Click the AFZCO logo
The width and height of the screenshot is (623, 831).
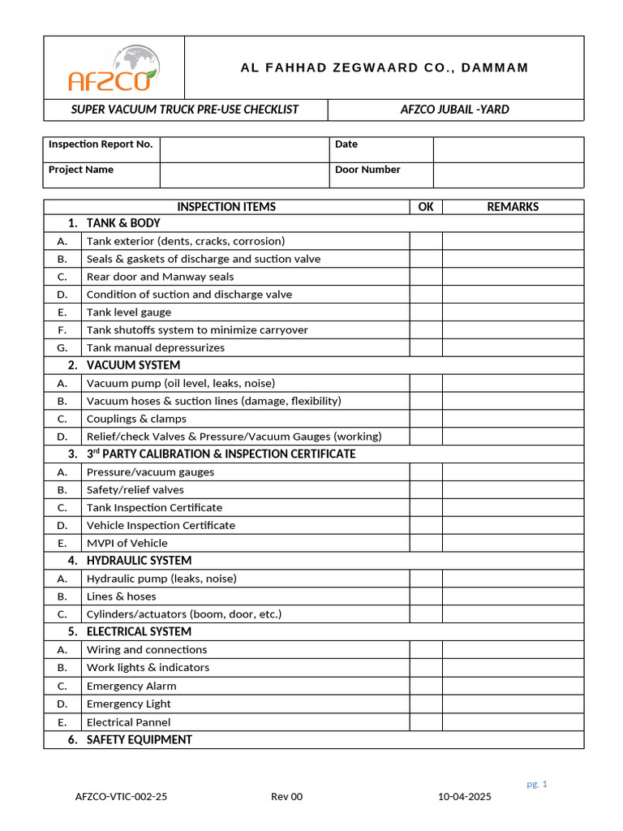point(114,68)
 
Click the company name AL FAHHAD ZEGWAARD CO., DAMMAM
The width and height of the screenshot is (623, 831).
point(385,67)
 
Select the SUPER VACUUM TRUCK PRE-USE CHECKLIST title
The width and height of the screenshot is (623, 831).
point(185,110)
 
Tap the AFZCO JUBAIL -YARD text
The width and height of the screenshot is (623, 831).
point(455,110)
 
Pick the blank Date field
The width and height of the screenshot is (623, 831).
point(508,149)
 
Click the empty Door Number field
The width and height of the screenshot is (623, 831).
point(508,174)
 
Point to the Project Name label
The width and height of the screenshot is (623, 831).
point(81,170)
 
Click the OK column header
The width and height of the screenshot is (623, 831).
point(426,207)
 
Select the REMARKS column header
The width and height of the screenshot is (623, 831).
point(513,207)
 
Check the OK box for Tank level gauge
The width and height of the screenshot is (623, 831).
point(426,312)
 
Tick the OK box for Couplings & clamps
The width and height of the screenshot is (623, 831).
point(426,419)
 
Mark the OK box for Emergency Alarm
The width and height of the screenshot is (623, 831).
point(426,686)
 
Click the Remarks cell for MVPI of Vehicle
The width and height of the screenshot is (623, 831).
point(513,543)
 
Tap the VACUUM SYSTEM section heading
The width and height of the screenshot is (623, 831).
point(133,365)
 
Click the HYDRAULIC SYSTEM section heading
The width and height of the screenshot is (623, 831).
point(139,561)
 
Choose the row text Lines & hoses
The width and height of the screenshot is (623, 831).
point(122,596)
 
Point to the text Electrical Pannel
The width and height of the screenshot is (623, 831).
point(129,721)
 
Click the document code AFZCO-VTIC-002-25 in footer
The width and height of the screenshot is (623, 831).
point(122,797)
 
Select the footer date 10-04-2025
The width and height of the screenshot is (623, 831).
point(465,797)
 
